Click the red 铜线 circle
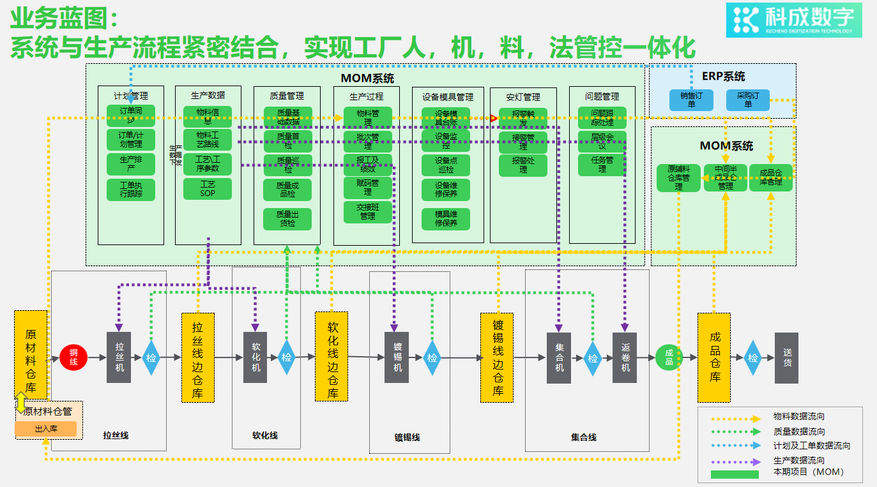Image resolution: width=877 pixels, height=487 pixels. (x=73, y=357)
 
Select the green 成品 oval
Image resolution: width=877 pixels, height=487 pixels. (x=669, y=357)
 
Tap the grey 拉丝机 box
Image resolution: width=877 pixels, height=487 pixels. (x=119, y=357)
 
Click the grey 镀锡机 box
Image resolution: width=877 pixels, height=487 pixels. (x=397, y=357)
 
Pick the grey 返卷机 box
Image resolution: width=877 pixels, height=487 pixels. (x=625, y=357)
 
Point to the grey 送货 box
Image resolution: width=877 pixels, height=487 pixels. (x=786, y=357)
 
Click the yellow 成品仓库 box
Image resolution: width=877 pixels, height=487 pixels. (x=713, y=357)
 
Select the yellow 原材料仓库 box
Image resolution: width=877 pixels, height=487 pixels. (x=31, y=354)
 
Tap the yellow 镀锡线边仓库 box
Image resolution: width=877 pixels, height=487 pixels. (x=497, y=357)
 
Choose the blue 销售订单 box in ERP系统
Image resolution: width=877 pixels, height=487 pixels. (x=691, y=100)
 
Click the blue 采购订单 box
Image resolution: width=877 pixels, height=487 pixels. (x=748, y=100)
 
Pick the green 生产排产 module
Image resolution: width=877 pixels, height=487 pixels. (x=131, y=164)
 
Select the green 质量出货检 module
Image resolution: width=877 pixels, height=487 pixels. (x=287, y=219)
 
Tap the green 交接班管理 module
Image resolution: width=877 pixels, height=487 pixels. (x=367, y=212)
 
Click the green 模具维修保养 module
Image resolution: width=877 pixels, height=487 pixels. (x=446, y=219)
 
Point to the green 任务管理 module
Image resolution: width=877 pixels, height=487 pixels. (x=602, y=165)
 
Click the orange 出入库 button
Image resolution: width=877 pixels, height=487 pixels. (x=46, y=429)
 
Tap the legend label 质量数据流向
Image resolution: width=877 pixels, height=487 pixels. (x=798, y=432)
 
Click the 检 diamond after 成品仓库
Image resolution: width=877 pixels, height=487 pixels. (x=753, y=357)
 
